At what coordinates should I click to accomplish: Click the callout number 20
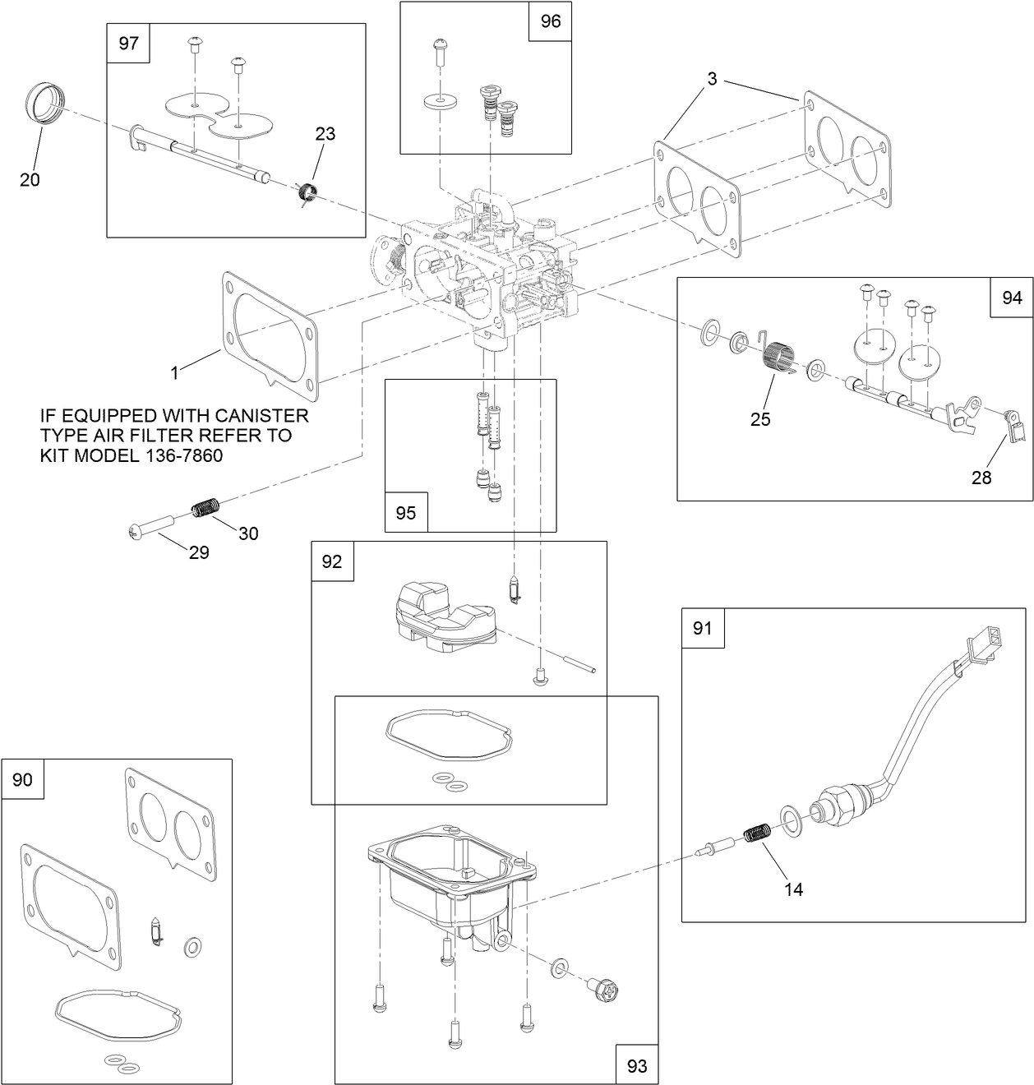(x=30, y=180)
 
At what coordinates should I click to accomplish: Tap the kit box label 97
(x=129, y=44)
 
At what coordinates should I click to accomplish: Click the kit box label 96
(x=550, y=22)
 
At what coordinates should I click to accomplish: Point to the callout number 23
(x=325, y=133)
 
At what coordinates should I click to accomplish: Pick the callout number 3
(x=712, y=79)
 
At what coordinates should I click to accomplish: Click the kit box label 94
(x=1012, y=298)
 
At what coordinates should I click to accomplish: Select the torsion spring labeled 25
(x=777, y=360)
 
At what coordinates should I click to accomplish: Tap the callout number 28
(x=981, y=478)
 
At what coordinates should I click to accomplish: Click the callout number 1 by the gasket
(x=174, y=372)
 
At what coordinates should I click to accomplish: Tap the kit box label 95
(x=406, y=513)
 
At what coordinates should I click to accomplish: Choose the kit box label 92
(x=332, y=561)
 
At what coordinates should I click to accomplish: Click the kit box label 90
(x=22, y=779)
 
